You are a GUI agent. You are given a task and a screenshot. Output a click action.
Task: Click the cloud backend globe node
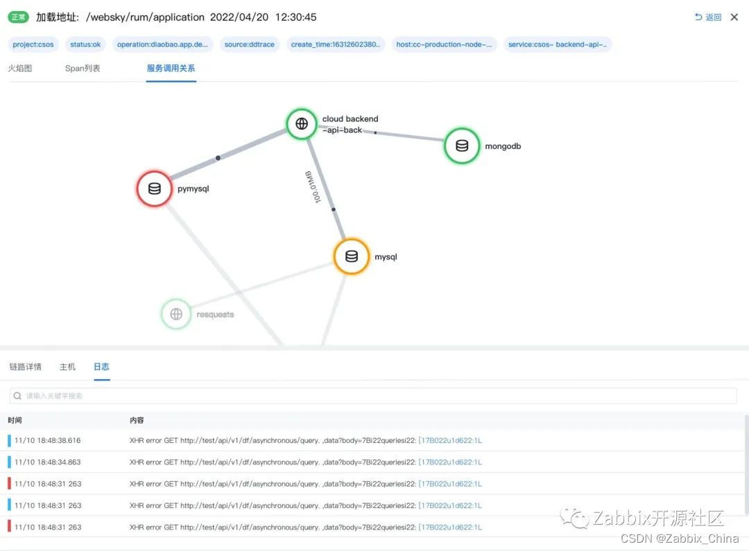coord(302,123)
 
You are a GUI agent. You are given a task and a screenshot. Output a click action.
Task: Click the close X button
coord(734,17)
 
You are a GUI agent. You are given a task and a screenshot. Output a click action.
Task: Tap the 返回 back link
coord(708,17)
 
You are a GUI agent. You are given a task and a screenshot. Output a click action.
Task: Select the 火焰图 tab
coord(20,69)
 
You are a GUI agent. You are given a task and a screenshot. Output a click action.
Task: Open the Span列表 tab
coord(83,69)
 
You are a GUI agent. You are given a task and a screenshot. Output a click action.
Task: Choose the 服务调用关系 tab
coord(171,69)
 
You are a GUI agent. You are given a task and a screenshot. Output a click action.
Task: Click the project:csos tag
coord(33,44)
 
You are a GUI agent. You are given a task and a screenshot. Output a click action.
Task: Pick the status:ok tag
coord(85,44)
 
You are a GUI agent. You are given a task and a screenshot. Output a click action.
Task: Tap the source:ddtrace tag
coord(250,44)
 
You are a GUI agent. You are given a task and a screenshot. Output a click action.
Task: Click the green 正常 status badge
coord(18,17)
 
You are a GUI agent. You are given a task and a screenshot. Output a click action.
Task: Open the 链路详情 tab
coord(26,367)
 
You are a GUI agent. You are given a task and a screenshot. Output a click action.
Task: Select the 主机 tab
coord(67,367)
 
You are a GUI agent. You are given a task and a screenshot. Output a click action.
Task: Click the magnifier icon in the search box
coord(17,396)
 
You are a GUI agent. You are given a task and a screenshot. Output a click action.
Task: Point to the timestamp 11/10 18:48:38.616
coord(48,440)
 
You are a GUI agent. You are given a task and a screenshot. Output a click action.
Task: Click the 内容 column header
coord(137,420)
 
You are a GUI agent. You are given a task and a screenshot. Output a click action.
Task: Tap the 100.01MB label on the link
coord(313,186)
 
